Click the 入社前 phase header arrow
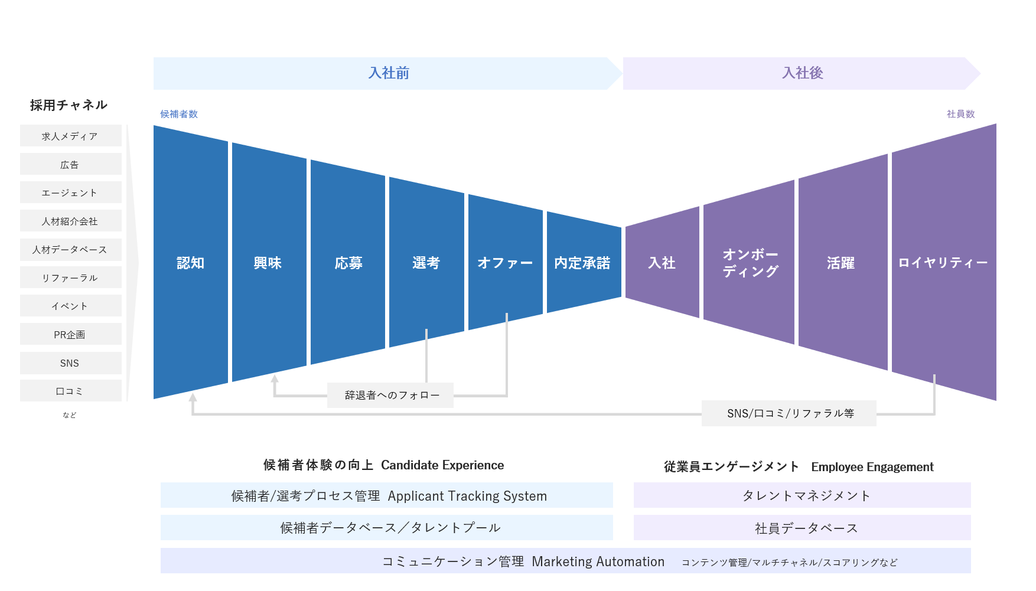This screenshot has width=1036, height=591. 388,73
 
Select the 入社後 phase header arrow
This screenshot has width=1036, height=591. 802,73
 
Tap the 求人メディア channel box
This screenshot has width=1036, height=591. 70,136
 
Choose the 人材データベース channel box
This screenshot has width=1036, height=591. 70,250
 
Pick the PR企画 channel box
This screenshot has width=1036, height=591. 70,334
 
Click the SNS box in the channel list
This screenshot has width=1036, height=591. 70,363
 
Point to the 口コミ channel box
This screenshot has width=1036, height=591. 70,391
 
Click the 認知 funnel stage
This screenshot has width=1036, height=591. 190,263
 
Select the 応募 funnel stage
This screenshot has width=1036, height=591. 348,263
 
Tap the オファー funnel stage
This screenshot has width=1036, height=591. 505,263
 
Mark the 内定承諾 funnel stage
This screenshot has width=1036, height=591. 583,263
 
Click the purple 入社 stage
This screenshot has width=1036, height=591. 662,263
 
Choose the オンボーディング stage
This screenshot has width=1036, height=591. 749,263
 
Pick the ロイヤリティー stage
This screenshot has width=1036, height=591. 943,263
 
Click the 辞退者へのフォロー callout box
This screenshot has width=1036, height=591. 390,395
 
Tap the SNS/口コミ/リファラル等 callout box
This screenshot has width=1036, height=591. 789,413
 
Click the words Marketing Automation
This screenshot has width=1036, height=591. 598,561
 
